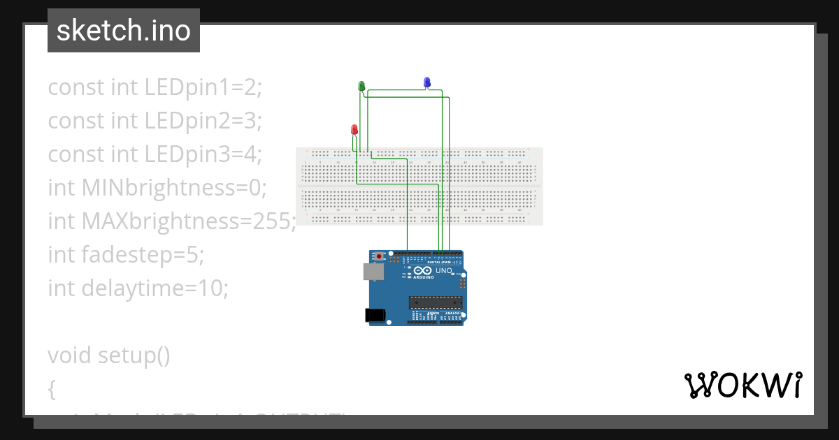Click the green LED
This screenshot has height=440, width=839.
coord(361,86)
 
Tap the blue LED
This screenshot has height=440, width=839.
coord(426,82)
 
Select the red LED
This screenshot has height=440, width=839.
coord(354,129)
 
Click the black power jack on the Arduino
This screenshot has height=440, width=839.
coord(376,316)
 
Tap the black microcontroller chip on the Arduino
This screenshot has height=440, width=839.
coord(436,302)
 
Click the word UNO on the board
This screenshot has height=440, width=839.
coord(443,270)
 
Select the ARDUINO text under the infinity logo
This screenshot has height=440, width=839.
coord(423,277)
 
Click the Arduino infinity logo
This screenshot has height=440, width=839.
coord(422,270)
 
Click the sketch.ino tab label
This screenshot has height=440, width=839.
coord(124,31)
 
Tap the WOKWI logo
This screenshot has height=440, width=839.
coord(743,385)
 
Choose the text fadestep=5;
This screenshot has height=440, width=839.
coord(143,254)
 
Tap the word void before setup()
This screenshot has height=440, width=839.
coord(70,355)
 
